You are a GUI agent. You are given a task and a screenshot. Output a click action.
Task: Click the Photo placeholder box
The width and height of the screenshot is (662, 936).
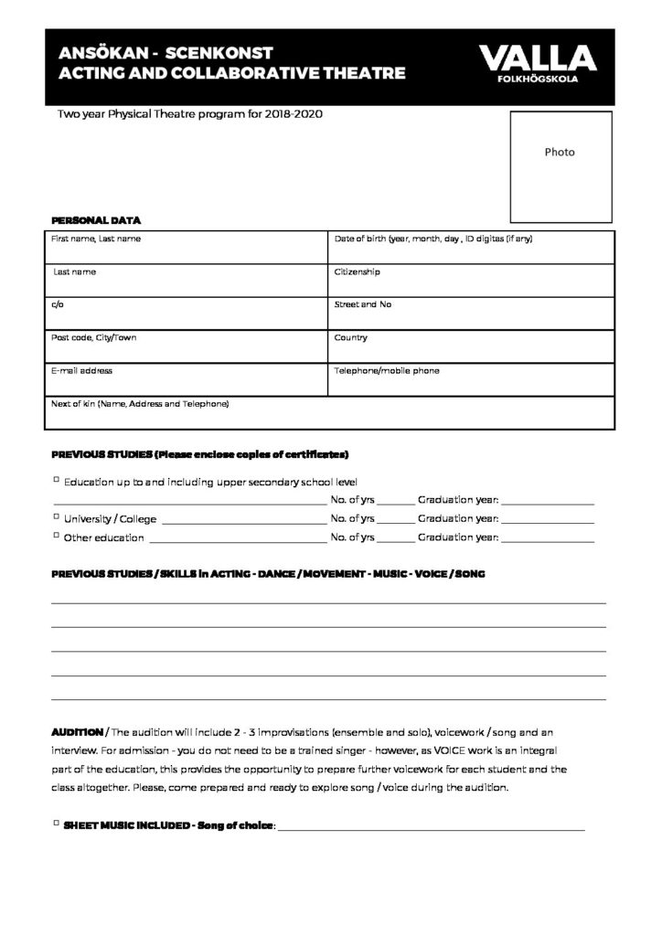pos(560,166)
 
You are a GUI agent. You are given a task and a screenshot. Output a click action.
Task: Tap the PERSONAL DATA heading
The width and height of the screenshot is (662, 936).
pos(96,221)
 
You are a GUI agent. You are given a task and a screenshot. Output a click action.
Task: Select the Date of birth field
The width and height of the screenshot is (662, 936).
pos(472,247)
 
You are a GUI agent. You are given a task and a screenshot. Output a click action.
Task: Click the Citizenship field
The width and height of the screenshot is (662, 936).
pos(472,280)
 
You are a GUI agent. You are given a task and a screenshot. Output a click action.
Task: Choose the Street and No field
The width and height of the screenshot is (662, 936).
pos(472,313)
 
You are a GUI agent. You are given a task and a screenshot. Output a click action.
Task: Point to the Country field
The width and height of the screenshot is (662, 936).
pos(472,346)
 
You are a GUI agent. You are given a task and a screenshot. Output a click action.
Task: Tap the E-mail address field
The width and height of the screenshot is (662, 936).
pos(186,379)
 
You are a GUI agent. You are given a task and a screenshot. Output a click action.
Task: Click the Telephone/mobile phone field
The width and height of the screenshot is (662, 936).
pos(472,379)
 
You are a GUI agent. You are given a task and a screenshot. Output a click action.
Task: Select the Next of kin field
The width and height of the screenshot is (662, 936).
pos(329,413)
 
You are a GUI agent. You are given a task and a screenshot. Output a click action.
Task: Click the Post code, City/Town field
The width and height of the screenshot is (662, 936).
pos(186,346)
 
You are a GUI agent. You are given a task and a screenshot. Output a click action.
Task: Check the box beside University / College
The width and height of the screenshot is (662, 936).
pos(56,517)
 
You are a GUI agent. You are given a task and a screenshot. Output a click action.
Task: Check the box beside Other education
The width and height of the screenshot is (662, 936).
pos(56,536)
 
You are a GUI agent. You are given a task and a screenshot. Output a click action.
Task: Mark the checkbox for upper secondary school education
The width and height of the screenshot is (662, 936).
pos(56,480)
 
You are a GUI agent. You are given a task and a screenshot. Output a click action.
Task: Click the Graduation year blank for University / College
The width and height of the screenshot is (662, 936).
pos(548,519)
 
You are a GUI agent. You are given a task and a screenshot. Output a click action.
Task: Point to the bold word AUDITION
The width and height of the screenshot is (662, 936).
pos(77,733)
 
